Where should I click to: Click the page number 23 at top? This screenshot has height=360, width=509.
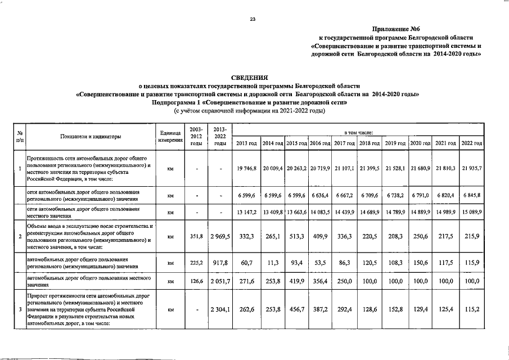point(253,19)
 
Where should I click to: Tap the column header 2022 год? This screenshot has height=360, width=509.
point(472,143)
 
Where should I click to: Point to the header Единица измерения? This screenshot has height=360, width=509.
point(170,136)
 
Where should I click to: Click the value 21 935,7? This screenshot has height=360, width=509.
point(472,168)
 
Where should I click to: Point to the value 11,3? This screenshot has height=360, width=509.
point(273,262)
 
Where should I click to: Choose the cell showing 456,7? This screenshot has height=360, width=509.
point(296,309)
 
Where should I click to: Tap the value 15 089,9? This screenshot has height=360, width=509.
point(472,213)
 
